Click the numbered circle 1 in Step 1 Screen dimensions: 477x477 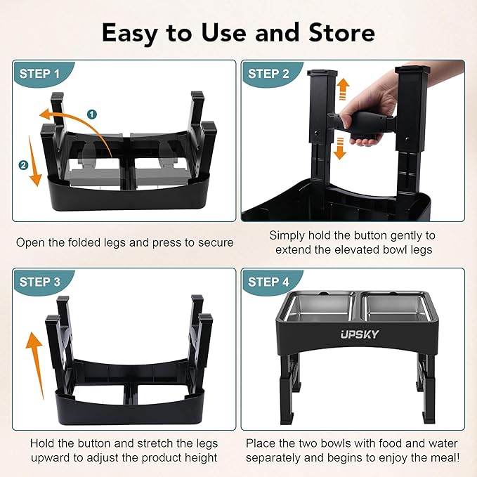(x=92, y=115)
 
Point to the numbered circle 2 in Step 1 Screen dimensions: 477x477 (x=23, y=165)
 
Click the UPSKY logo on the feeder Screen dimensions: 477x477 (x=360, y=334)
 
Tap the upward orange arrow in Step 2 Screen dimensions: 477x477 (x=343, y=89)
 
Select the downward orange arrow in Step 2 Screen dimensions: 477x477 (x=340, y=148)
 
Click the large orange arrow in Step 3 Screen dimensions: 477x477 (x=35, y=365)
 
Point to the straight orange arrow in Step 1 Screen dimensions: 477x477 (x=34, y=161)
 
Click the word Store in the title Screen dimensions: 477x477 (x=341, y=32)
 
